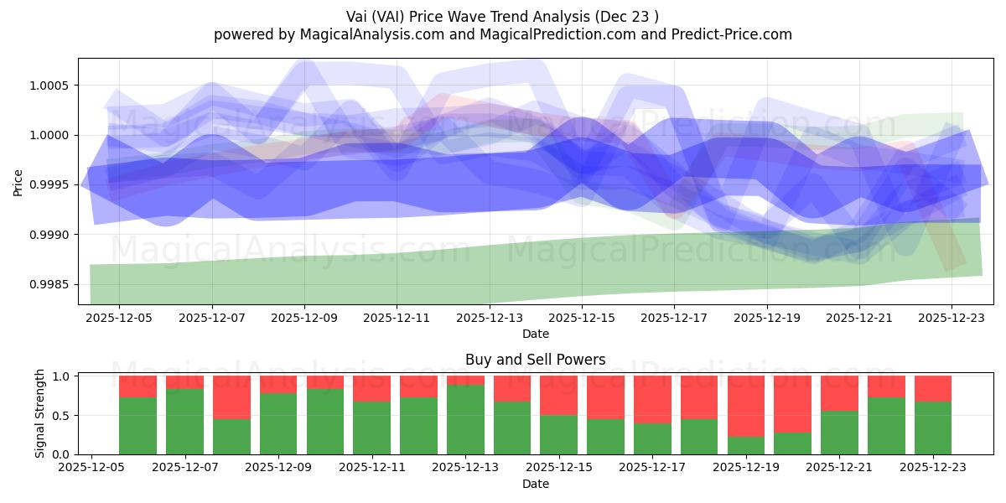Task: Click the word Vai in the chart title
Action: pos(359,16)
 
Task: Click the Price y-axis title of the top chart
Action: pos(18,181)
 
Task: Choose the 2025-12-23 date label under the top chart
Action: pos(951,318)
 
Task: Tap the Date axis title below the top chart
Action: pos(536,334)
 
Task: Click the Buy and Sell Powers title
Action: pos(536,360)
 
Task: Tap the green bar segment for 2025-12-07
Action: pos(184,421)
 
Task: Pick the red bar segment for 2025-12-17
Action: pos(652,399)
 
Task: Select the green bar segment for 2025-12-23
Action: pos(933,428)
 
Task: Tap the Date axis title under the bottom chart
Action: pos(536,484)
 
